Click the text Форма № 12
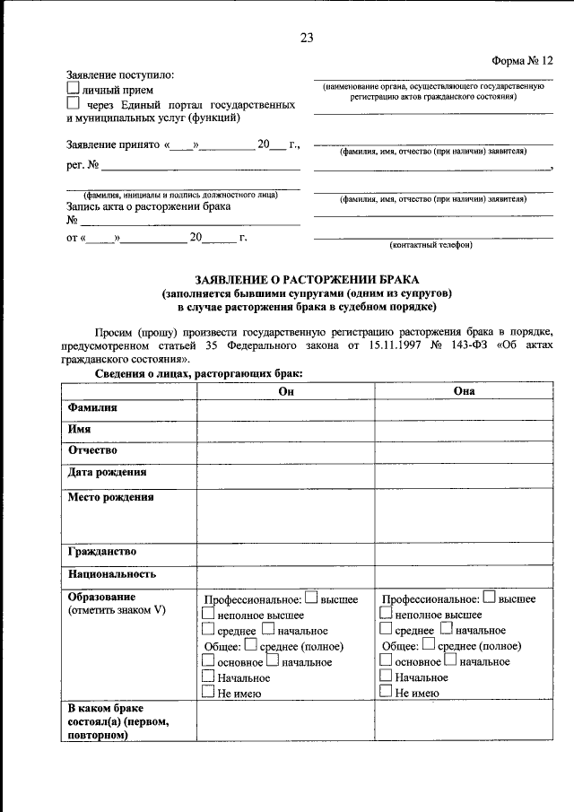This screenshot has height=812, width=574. click(x=524, y=60)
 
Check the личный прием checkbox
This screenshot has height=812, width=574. click(x=74, y=90)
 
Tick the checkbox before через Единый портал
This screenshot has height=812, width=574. click(x=74, y=105)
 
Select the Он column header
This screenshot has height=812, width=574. click(x=286, y=390)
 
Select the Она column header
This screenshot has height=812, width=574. click(x=464, y=390)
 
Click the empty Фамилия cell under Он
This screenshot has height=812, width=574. click(x=286, y=408)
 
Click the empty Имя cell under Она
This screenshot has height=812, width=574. click(x=464, y=430)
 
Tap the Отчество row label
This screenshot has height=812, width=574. click(x=92, y=450)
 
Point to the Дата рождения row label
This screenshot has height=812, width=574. click(x=107, y=472)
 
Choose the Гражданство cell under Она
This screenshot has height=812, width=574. click(x=464, y=552)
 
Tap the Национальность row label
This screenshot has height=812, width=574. click(x=112, y=574)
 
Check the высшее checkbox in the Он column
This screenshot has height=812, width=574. click(x=311, y=597)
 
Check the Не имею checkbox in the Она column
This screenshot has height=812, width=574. click(x=386, y=692)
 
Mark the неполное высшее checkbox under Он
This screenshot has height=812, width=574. click(x=208, y=614)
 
